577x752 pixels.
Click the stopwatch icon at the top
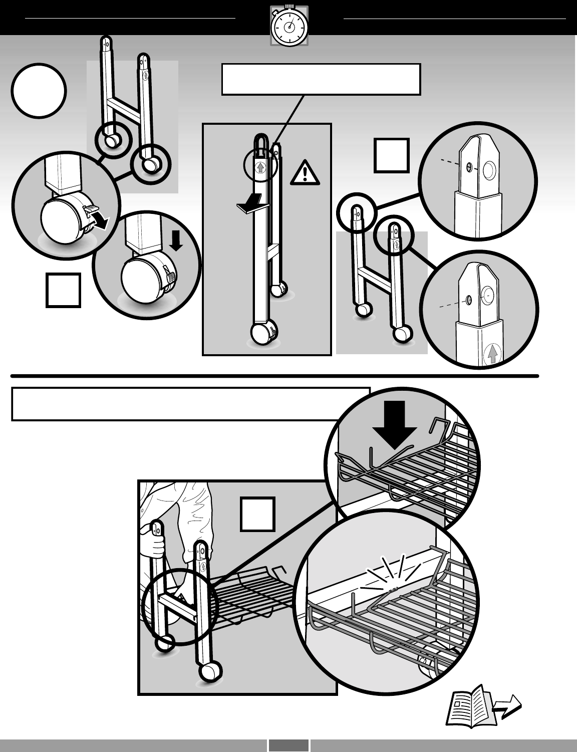pos(289,26)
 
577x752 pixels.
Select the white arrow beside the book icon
pos(507,707)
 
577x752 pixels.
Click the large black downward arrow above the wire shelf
pos(395,423)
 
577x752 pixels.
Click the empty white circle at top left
pos(39,91)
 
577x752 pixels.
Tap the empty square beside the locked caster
pos(64,290)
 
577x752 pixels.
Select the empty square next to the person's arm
pos(257,514)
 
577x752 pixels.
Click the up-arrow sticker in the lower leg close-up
pos(492,355)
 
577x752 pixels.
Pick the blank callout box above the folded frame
pos(321,79)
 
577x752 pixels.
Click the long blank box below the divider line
pos(190,404)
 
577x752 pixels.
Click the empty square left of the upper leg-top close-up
pos(392,155)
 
